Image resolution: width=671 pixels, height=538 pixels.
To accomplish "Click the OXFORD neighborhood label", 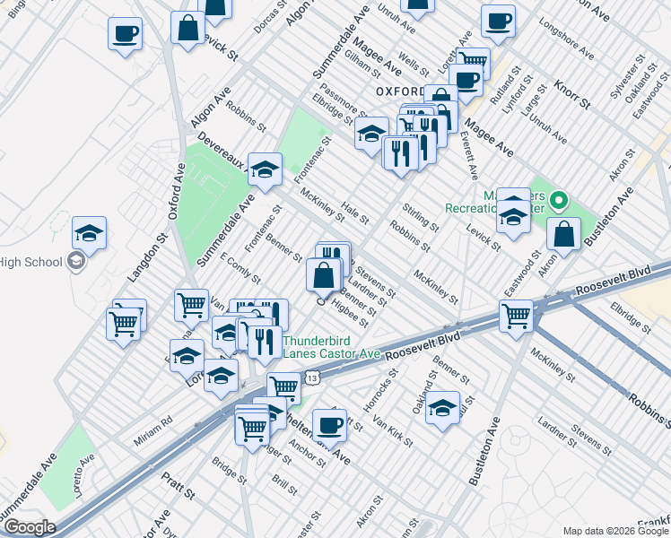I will click(399, 92).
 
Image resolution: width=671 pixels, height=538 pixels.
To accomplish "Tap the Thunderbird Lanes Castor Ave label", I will click(332, 347).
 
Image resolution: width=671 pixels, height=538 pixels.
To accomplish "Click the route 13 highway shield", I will click(310, 379).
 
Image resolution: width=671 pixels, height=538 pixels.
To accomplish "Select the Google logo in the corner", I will click(29, 527).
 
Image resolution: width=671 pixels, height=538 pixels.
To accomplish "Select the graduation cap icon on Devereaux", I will click(265, 169).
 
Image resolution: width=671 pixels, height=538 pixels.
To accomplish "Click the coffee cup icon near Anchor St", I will click(329, 424).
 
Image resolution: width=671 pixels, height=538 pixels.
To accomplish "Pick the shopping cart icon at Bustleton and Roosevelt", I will click(517, 315).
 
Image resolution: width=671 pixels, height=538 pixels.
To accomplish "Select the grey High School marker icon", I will click(77, 261).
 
